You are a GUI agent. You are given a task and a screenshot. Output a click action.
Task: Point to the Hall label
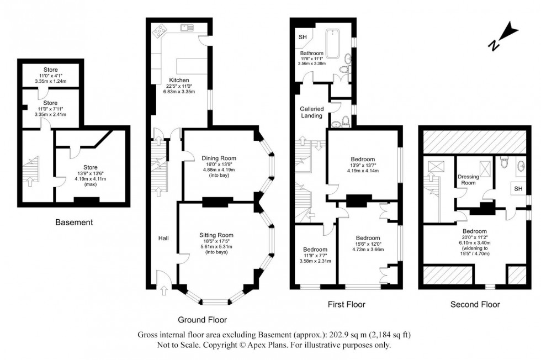click(163, 238)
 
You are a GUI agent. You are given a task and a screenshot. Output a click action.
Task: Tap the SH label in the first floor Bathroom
click(302, 37)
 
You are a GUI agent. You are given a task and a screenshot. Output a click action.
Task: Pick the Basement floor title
click(74, 223)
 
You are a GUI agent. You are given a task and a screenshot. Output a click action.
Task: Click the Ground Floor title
click(202, 320)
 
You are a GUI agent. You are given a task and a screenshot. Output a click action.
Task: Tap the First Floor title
click(346, 304)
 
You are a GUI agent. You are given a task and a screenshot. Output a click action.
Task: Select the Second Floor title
click(475, 304)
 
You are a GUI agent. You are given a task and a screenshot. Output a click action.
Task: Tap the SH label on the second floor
click(518, 189)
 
